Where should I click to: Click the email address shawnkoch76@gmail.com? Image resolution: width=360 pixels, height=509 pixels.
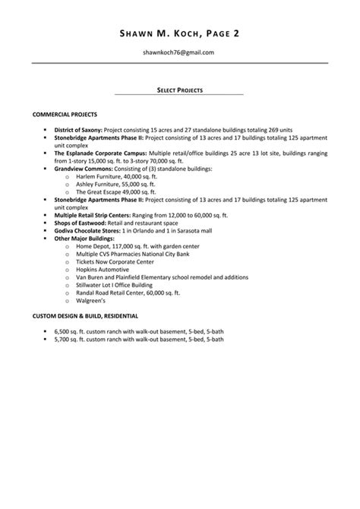[x=179, y=52]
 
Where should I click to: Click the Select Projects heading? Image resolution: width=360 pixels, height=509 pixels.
[x=179, y=90]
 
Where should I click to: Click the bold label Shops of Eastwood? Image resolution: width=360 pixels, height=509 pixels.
[x=79, y=223]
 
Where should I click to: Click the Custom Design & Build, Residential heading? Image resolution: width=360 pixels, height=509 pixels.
[x=85, y=315]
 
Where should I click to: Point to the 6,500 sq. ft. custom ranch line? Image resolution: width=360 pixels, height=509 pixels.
[x=138, y=332]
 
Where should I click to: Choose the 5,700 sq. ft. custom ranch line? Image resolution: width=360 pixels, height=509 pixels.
[x=138, y=340]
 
